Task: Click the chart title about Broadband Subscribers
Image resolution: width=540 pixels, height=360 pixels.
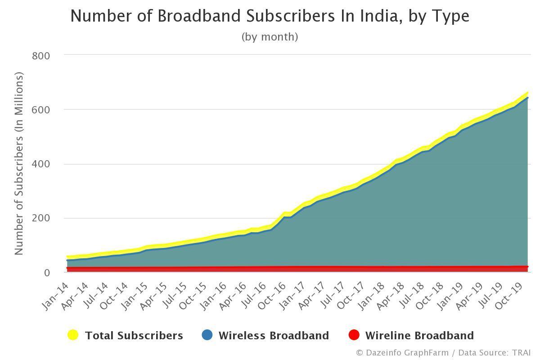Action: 270,16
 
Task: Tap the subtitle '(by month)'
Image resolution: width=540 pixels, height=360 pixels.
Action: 270,36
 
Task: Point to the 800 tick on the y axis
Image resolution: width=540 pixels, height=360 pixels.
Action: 40,55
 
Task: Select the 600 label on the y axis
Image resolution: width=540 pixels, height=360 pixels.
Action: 40,110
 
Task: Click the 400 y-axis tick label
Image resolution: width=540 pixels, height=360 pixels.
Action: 40,164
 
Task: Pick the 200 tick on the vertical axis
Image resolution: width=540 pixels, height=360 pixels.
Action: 40,218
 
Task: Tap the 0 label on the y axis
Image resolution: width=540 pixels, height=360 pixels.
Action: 46,273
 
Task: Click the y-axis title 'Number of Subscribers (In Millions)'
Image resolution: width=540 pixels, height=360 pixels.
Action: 18,164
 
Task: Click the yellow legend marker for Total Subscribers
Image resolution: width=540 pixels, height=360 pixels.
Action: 73,335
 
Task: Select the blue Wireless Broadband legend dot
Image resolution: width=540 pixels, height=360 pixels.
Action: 207,335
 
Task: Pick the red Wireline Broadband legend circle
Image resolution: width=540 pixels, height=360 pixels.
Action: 354,335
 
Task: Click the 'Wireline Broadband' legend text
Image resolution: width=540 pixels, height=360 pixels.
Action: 419,336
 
